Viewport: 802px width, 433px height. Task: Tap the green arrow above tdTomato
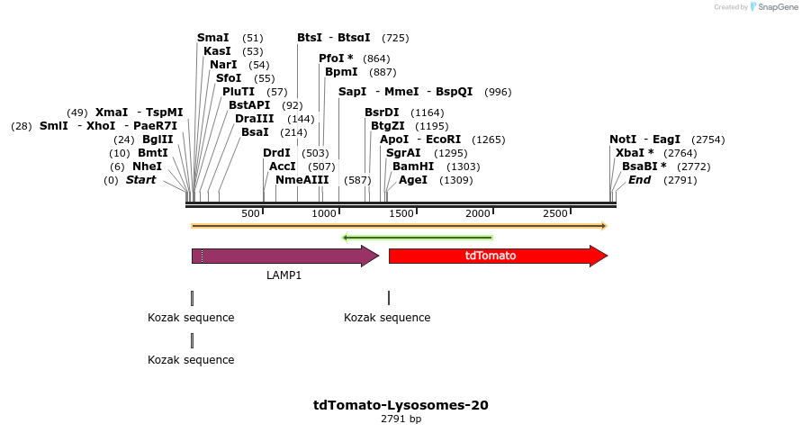(418, 238)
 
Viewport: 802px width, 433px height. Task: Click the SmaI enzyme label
(212, 38)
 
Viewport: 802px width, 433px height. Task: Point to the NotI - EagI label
(644, 140)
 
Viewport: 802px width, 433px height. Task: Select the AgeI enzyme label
(413, 180)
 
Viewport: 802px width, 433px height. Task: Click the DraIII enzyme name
(255, 119)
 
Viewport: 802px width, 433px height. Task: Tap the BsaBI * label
(644, 167)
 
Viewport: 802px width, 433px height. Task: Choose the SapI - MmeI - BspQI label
(405, 92)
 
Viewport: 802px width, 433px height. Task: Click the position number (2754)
(707, 140)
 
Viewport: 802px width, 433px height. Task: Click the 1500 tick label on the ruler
(401, 213)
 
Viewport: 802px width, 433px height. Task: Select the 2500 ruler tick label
(555, 213)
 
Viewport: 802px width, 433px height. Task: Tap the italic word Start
(140, 180)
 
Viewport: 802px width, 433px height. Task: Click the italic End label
(639, 180)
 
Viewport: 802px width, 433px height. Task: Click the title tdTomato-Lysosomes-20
(401, 405)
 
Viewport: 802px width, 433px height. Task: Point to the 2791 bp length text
(401, 419)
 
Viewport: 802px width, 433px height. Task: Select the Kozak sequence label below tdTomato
(387, 318)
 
